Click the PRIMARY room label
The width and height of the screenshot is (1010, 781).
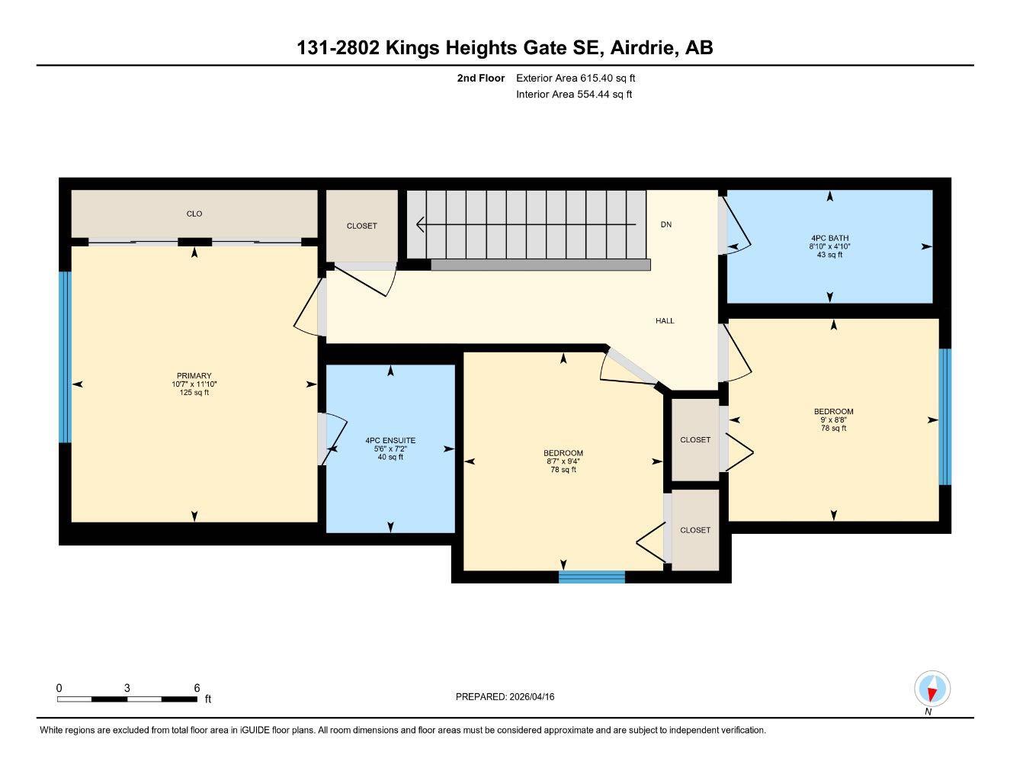[194, 375]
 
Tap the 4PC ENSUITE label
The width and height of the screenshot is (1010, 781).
[390, 440]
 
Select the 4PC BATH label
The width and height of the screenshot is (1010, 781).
[829, 237]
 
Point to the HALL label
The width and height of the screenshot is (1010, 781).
[665, 321]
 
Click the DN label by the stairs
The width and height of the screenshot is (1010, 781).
[665, 224]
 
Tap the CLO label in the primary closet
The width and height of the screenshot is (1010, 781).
[194, 214]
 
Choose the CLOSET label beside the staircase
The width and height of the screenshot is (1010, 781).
[361, 226]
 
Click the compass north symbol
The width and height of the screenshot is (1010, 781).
[931, 689]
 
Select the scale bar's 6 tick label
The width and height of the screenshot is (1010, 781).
[197, 687]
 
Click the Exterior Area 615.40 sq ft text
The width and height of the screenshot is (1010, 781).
[576, 78]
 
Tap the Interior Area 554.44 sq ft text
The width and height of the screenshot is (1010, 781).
[574, 95]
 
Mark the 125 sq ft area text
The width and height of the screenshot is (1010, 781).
[194, 393]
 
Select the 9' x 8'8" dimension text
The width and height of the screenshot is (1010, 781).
[833, 420]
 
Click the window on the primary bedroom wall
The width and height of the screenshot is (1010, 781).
[65, 356]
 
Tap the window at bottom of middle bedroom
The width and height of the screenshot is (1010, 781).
[592, 577]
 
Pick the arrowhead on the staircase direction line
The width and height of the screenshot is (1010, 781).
[420, 225]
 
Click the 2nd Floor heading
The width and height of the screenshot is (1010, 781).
[480, 78]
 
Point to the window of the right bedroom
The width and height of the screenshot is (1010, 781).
[944, 416]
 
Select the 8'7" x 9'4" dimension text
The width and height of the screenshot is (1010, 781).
[564, 461]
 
